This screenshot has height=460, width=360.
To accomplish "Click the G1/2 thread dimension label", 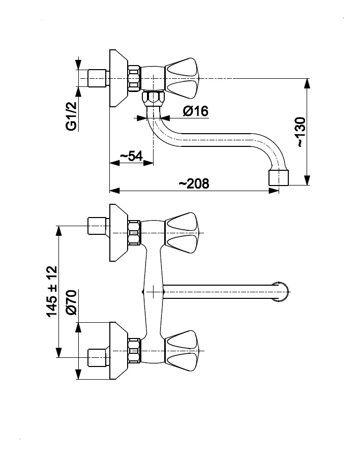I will click(x=71, y=116).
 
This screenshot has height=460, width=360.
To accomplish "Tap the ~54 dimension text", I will click(x=131, y=156).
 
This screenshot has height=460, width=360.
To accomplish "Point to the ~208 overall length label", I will click(x=194, y=183).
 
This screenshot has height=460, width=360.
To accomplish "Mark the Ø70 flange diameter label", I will click(x=71, y=302).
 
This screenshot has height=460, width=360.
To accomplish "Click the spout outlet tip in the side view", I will click(x=278, y=178).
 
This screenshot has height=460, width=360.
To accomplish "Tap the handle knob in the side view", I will click(x=183, y=78).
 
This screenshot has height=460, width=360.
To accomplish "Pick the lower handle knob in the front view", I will click(x=183, y=350).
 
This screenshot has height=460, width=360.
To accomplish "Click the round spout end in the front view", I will click(x=282, y=292).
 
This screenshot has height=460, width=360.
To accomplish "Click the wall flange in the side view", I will click(x=118, y=78).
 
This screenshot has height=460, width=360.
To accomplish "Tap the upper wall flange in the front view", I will click(x=118, y=232).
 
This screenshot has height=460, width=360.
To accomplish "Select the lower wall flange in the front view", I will click(x=118, y=350).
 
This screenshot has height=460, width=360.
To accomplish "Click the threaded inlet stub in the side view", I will click(x=97, y=78).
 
